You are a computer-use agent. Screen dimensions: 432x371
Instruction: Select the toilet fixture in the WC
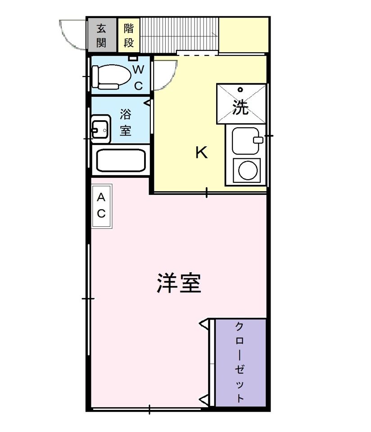click(x=110, y=76)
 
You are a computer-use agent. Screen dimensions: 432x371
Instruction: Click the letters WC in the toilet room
click(x=139, y=77)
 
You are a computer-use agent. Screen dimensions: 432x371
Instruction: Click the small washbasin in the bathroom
click(x=101, y=129)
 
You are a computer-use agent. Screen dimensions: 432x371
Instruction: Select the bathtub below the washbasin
click(x=122, y=160)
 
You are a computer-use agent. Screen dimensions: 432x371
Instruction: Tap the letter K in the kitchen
click(x=201, y=153)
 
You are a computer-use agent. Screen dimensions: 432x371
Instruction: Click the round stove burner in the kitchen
click(x=247, y=171)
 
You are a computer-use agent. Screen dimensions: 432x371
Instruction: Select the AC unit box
click(x=102, y=206)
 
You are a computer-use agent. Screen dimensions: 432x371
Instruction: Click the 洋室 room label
click(x=178, y=283)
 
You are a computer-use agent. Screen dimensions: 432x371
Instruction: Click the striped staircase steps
click(x=179, y=35)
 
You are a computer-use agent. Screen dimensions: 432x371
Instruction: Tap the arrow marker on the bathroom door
click(x=147, y=103)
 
